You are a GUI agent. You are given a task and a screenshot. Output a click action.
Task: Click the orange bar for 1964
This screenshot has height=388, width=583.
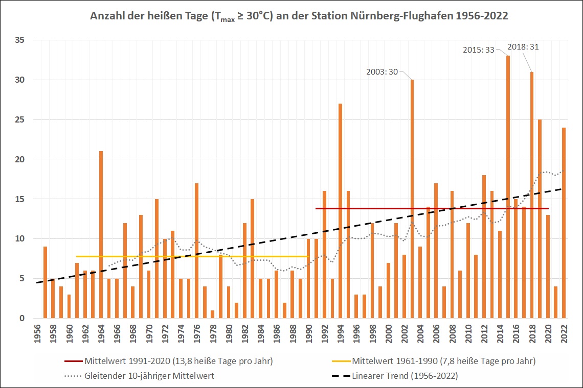(x=101, y=235)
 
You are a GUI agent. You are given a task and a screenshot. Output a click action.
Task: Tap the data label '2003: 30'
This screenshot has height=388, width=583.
(x=382, y=72)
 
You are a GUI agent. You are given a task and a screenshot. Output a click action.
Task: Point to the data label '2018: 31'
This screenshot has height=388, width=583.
(x=523, y=46)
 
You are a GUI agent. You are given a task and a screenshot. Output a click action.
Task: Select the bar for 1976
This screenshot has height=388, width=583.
(x=196, y=250)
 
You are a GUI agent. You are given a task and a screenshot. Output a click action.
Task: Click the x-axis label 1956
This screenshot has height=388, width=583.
(x=37, y=334)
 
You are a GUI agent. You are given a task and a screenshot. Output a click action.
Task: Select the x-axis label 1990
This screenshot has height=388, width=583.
(x=309, y=334)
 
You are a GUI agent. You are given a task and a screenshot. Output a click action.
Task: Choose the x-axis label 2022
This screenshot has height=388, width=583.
(x=564, y=334)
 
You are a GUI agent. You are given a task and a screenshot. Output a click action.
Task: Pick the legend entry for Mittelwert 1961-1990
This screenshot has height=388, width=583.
(x=443, y=361)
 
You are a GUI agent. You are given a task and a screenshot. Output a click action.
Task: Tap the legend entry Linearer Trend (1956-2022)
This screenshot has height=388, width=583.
(x=404, y=376)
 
